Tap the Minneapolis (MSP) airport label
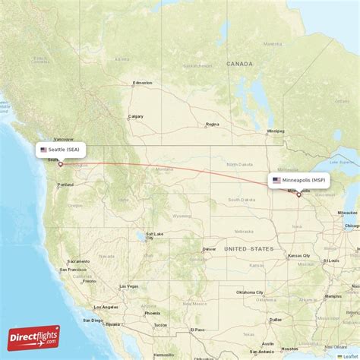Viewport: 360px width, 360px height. (300, 181)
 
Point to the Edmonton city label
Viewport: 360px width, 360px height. (142, 83)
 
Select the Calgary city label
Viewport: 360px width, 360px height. (136, 116)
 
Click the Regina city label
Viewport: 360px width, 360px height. (212, 124)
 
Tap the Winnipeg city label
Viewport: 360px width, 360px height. (274, 131)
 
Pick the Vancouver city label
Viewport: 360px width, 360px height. (64, 140)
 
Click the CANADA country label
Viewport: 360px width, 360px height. (238, 65)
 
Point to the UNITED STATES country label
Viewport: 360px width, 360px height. (248, 248)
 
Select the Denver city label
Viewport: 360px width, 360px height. (209, 249)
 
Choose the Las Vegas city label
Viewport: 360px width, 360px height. (128, 286)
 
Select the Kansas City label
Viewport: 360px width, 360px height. (298, 256)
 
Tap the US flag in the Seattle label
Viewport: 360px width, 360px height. (43, 150)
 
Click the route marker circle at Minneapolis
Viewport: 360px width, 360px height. (299, 194)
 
